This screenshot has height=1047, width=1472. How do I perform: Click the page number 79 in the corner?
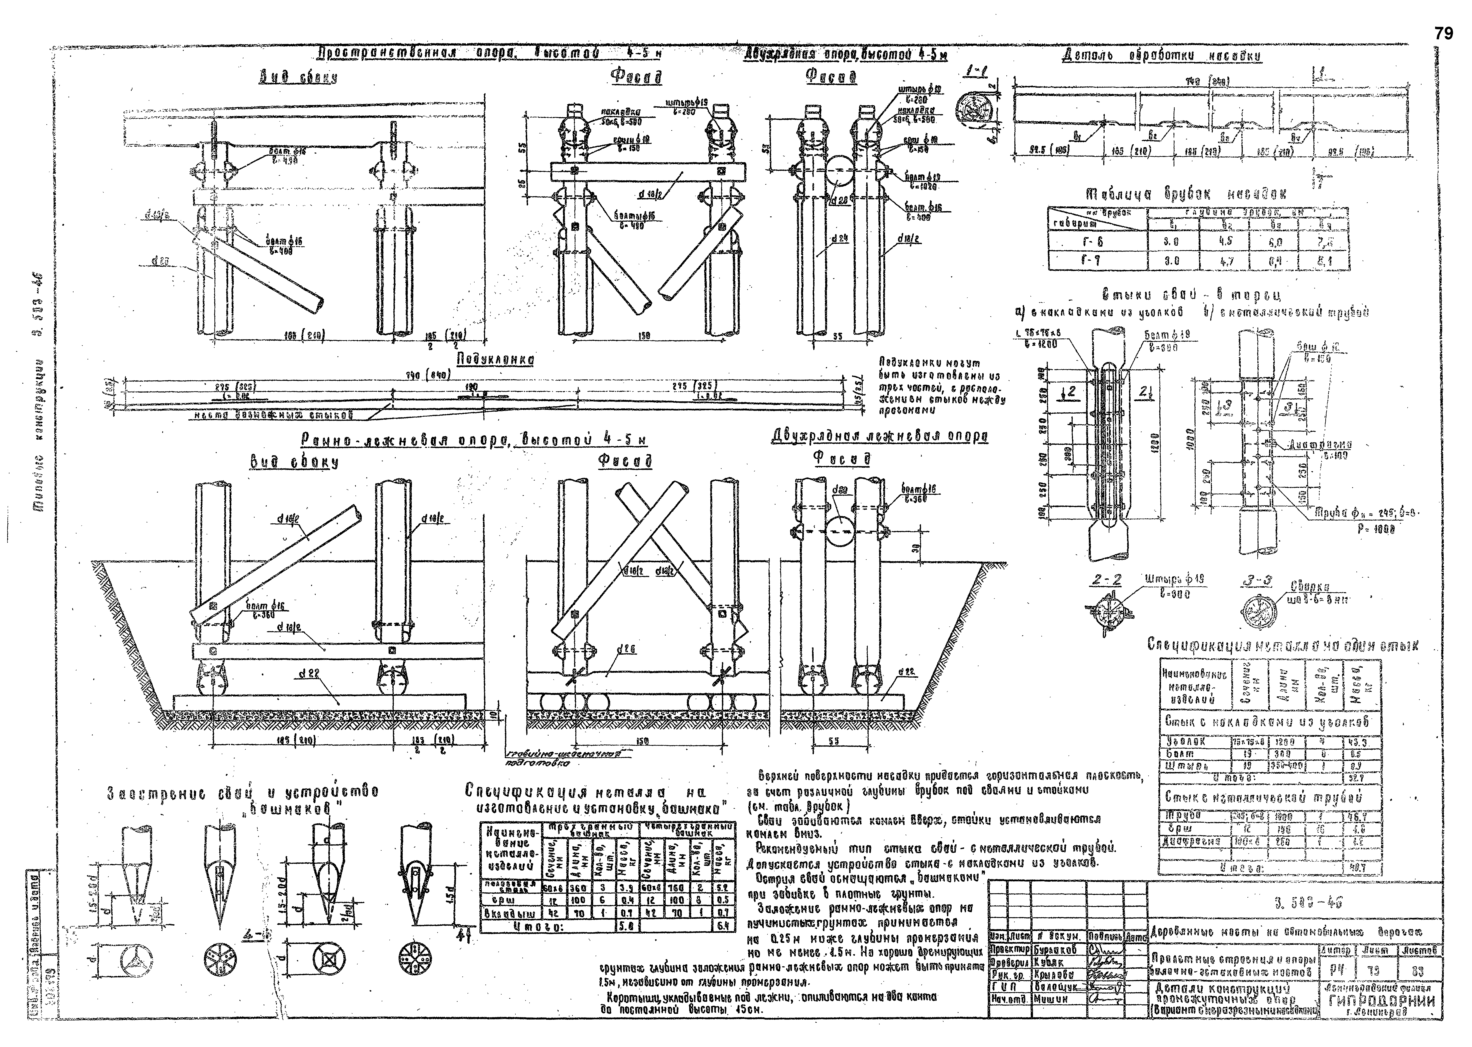point(1444,34)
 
